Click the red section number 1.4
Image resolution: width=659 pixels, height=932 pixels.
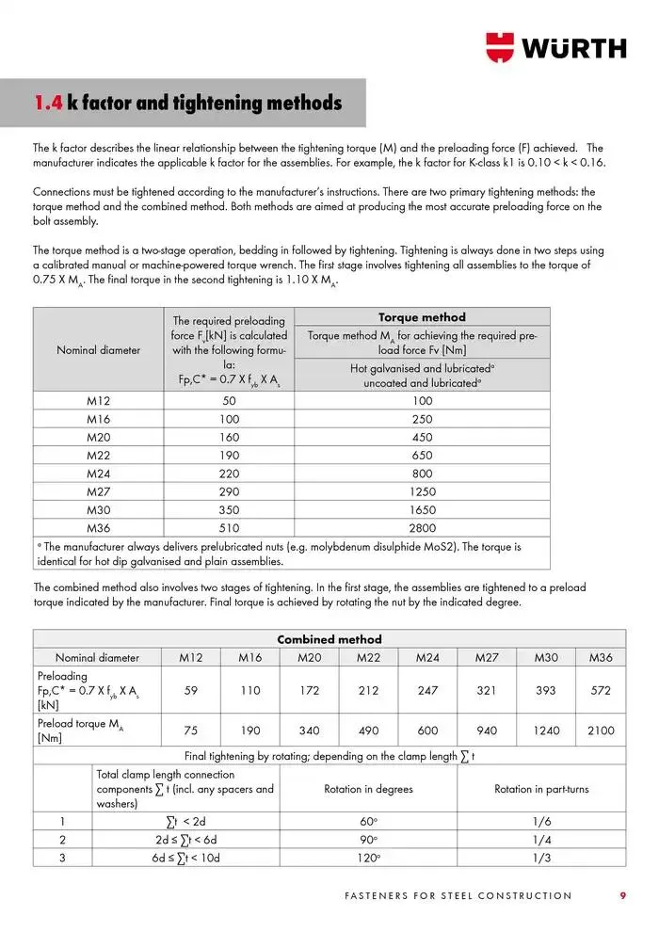[48, 103]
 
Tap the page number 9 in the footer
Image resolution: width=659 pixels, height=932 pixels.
[622, 895]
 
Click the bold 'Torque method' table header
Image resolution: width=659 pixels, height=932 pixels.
[422, 317]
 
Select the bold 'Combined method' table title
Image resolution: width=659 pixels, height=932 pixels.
[329, 639]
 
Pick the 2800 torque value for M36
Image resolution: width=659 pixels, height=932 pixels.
[422, 528]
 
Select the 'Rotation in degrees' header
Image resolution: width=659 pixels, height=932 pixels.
[368, 789]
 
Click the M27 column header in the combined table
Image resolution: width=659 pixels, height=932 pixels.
[486, 657]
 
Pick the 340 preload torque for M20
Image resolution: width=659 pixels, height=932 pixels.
[309, 730]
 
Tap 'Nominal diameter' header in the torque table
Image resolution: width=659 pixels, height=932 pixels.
[98, 350]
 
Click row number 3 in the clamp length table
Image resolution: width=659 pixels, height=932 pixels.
[62, 858]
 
